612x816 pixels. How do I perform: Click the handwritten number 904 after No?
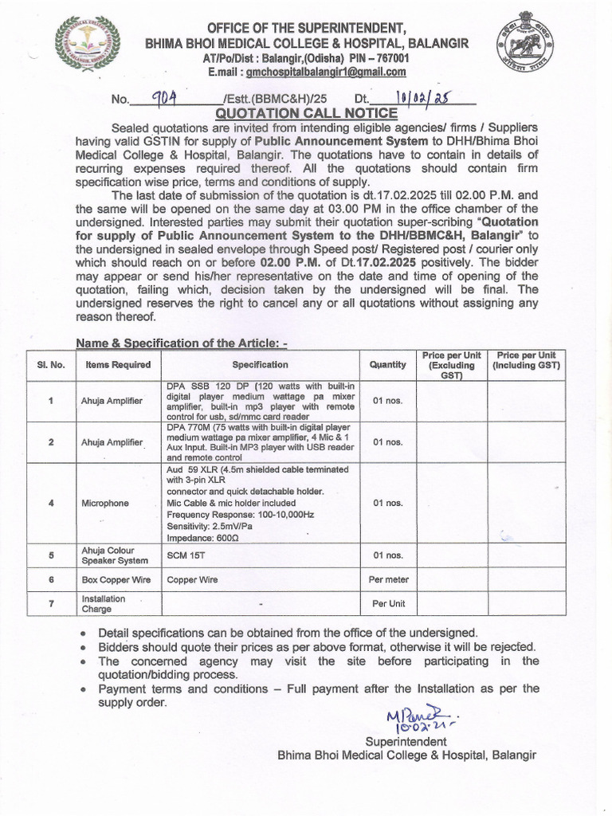coord(167,98)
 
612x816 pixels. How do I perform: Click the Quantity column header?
coord(387,364)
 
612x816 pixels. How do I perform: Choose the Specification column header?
coord(260,364)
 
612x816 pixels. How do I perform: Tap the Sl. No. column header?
coord(50,364)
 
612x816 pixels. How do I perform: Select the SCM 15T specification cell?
coord(185,555)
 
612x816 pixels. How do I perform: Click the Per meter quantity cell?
coord(388,579)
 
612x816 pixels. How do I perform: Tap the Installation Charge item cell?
coord(103,603)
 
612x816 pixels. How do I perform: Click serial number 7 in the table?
coord(50,603)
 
